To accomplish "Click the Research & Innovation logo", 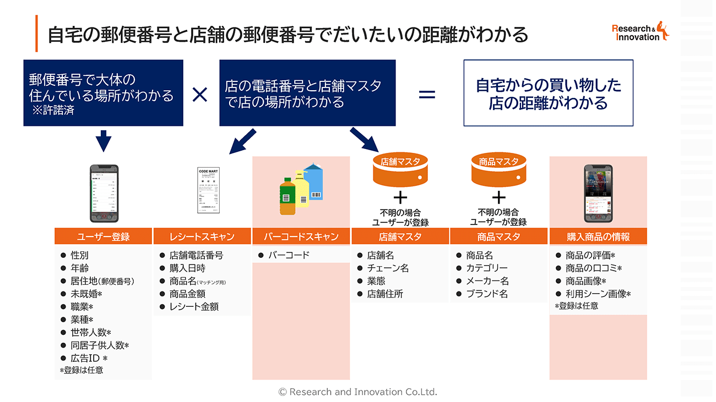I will (640, 32).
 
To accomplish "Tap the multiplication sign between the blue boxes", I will (200, 95).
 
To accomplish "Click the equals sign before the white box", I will (427, 95).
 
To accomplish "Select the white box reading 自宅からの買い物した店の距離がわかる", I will (548, 93).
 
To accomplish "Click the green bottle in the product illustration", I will (288, 196).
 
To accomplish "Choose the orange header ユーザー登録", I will (103, 237).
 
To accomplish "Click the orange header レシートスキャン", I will (202, 237).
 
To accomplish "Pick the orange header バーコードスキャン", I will (301, 237).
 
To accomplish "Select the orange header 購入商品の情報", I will (598, 237).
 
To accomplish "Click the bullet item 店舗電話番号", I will (196, 255).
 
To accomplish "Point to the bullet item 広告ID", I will (88, 358).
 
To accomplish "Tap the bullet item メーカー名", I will (487, 281).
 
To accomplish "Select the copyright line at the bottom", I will (357, 392).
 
